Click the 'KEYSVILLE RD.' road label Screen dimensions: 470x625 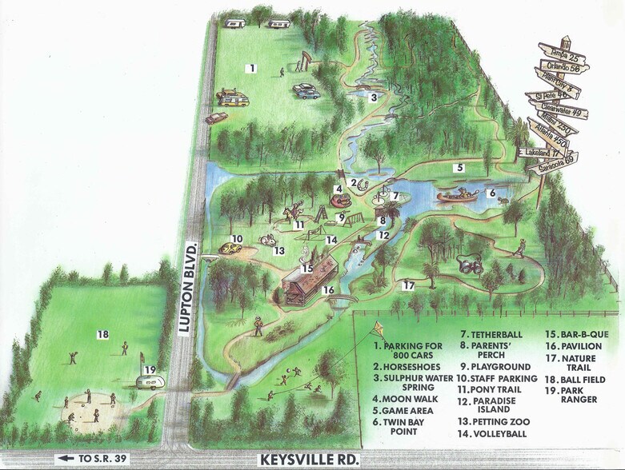pyautogui.click(x=310, y=460)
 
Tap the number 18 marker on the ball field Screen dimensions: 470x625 pyautogui.click(x=102, y=334)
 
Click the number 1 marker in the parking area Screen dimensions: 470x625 pyautogui.click(x=251, y=69)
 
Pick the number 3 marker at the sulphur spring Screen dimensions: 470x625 pyautogui.click(x=373, y=98)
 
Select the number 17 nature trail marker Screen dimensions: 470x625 pyautogui.click(x=409, y=285)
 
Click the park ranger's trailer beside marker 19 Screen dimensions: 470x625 pyautogui.click(x=148, y=382)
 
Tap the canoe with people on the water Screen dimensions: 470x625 pyautogui.click(x=459, y=194)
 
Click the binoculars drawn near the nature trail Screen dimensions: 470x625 pyautogui.click(x=467, y=262)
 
